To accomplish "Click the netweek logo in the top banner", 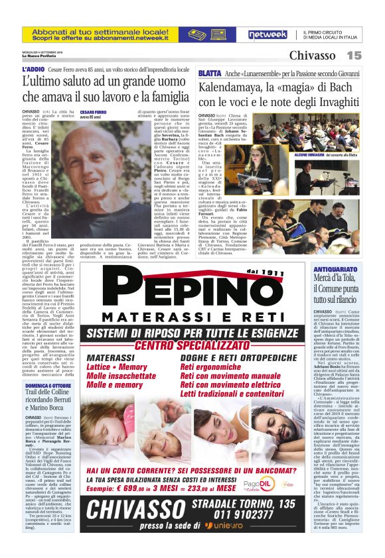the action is coord(268,34).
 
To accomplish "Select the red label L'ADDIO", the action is coord(33,70).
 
